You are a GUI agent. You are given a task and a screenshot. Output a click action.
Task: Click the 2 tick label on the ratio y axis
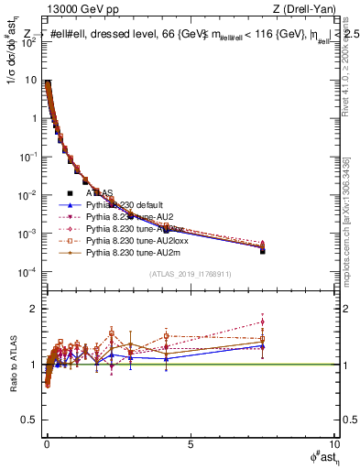34,309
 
